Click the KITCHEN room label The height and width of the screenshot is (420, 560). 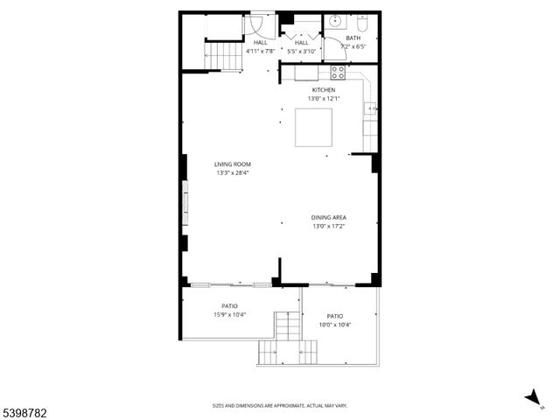tap(324, 89)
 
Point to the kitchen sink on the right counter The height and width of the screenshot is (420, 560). tap(370, 108)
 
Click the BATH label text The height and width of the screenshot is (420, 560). tap(353, 38)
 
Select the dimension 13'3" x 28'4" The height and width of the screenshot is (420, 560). tap(234, 172)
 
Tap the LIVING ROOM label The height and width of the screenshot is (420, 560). tap(234, 164)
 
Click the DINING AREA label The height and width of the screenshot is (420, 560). tap(329, 217)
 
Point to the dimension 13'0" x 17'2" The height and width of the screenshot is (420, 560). tap(329, 226)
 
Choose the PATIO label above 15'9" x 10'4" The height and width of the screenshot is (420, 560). tap(229, 305)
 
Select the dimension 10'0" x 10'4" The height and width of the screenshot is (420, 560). tap(335, 325)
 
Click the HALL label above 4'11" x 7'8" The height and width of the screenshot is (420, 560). tap(261, 42)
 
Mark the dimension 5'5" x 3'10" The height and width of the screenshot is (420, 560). tap(302, 51)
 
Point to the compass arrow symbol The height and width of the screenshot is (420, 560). tap(531, 397)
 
